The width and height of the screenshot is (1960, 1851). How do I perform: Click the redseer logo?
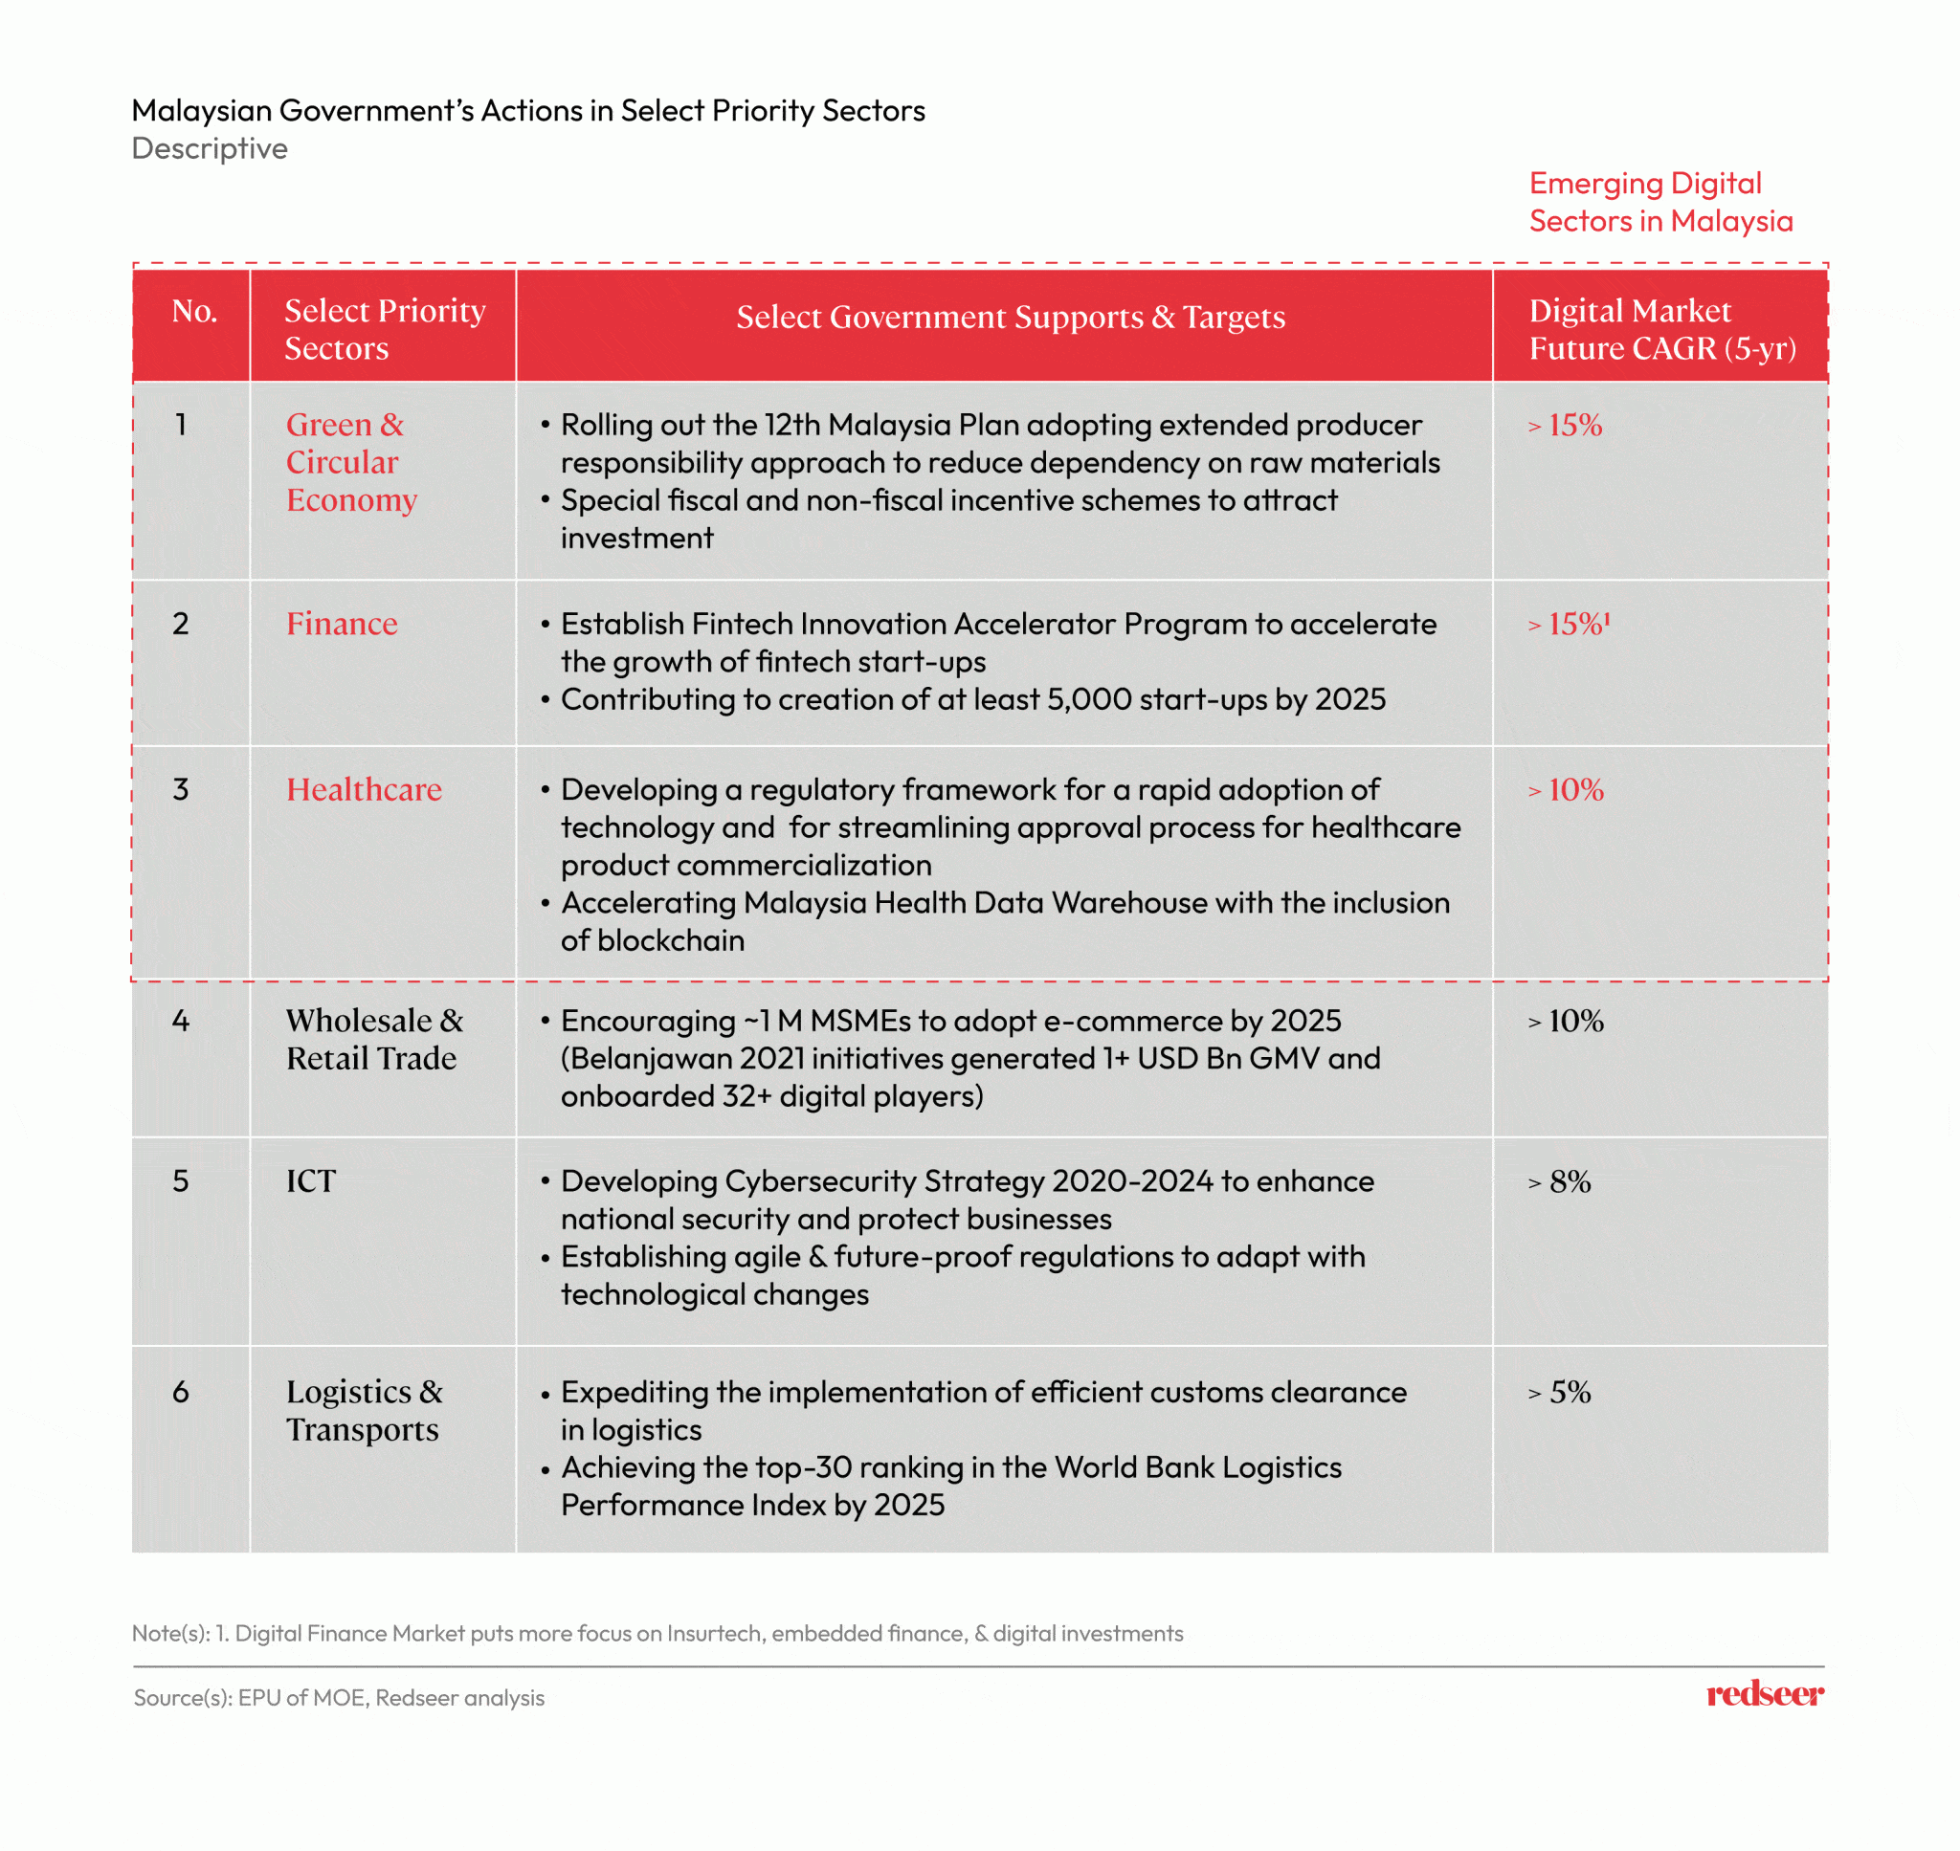tap(1764, 1694)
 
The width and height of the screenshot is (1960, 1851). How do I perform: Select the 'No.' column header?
tap(193, 312)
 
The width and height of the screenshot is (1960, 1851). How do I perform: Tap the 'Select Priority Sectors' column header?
tap(384, 330)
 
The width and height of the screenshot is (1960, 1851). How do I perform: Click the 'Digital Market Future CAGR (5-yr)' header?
tap(1661, 330)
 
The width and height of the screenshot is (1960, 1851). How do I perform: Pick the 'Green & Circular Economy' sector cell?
tap(350, 462)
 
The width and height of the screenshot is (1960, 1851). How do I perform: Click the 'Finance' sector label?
tap(342, 624)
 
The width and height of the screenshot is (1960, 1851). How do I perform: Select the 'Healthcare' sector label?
tap(363, 789)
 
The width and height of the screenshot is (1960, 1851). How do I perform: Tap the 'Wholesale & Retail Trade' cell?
tap(374, 1039)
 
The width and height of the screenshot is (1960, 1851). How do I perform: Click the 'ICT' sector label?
tap(311, 1181)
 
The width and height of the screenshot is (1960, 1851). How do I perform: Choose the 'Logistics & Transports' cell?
tap(363, 1410)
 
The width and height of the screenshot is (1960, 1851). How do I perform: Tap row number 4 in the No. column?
tap(181, 1021)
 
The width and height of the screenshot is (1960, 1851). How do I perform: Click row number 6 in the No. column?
tap(181, 1392)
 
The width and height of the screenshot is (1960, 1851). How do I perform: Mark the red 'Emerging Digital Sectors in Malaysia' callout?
tap(1660, 202)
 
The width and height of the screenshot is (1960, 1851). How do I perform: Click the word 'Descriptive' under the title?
tap(210, 149)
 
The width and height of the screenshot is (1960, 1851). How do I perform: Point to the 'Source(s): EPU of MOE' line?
tap(339, 1697)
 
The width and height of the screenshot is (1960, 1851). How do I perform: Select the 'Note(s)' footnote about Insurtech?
tap(657, 1633)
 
